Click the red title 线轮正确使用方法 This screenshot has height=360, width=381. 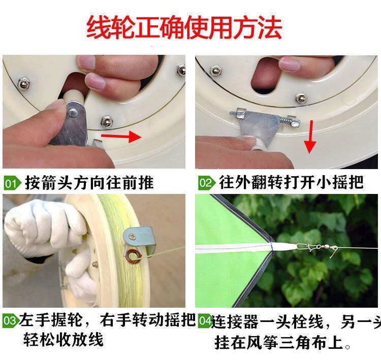tap(184, 27)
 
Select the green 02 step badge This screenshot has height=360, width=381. tap(207, 183)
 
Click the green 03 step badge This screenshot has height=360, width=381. tap(11, 320)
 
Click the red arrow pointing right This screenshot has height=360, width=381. tap(121, 136)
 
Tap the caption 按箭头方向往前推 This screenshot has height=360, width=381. tap(89, 183)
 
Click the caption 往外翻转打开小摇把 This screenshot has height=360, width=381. tap(291, 182)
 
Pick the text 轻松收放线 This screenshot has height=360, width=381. tap(63, 339)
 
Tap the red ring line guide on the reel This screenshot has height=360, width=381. tap(133, 256)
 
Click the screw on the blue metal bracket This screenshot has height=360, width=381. tap(133, 236)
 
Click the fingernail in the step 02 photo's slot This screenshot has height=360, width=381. tap(289, 64)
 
